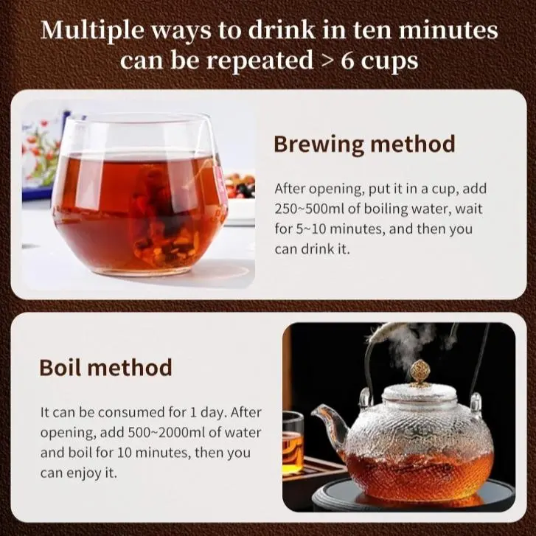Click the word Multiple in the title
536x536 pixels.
93,31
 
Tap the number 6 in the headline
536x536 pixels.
347,60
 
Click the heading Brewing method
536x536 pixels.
364,145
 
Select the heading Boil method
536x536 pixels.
105,367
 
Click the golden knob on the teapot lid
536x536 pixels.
419,374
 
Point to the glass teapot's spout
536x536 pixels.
329,425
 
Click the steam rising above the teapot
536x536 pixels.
410,345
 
